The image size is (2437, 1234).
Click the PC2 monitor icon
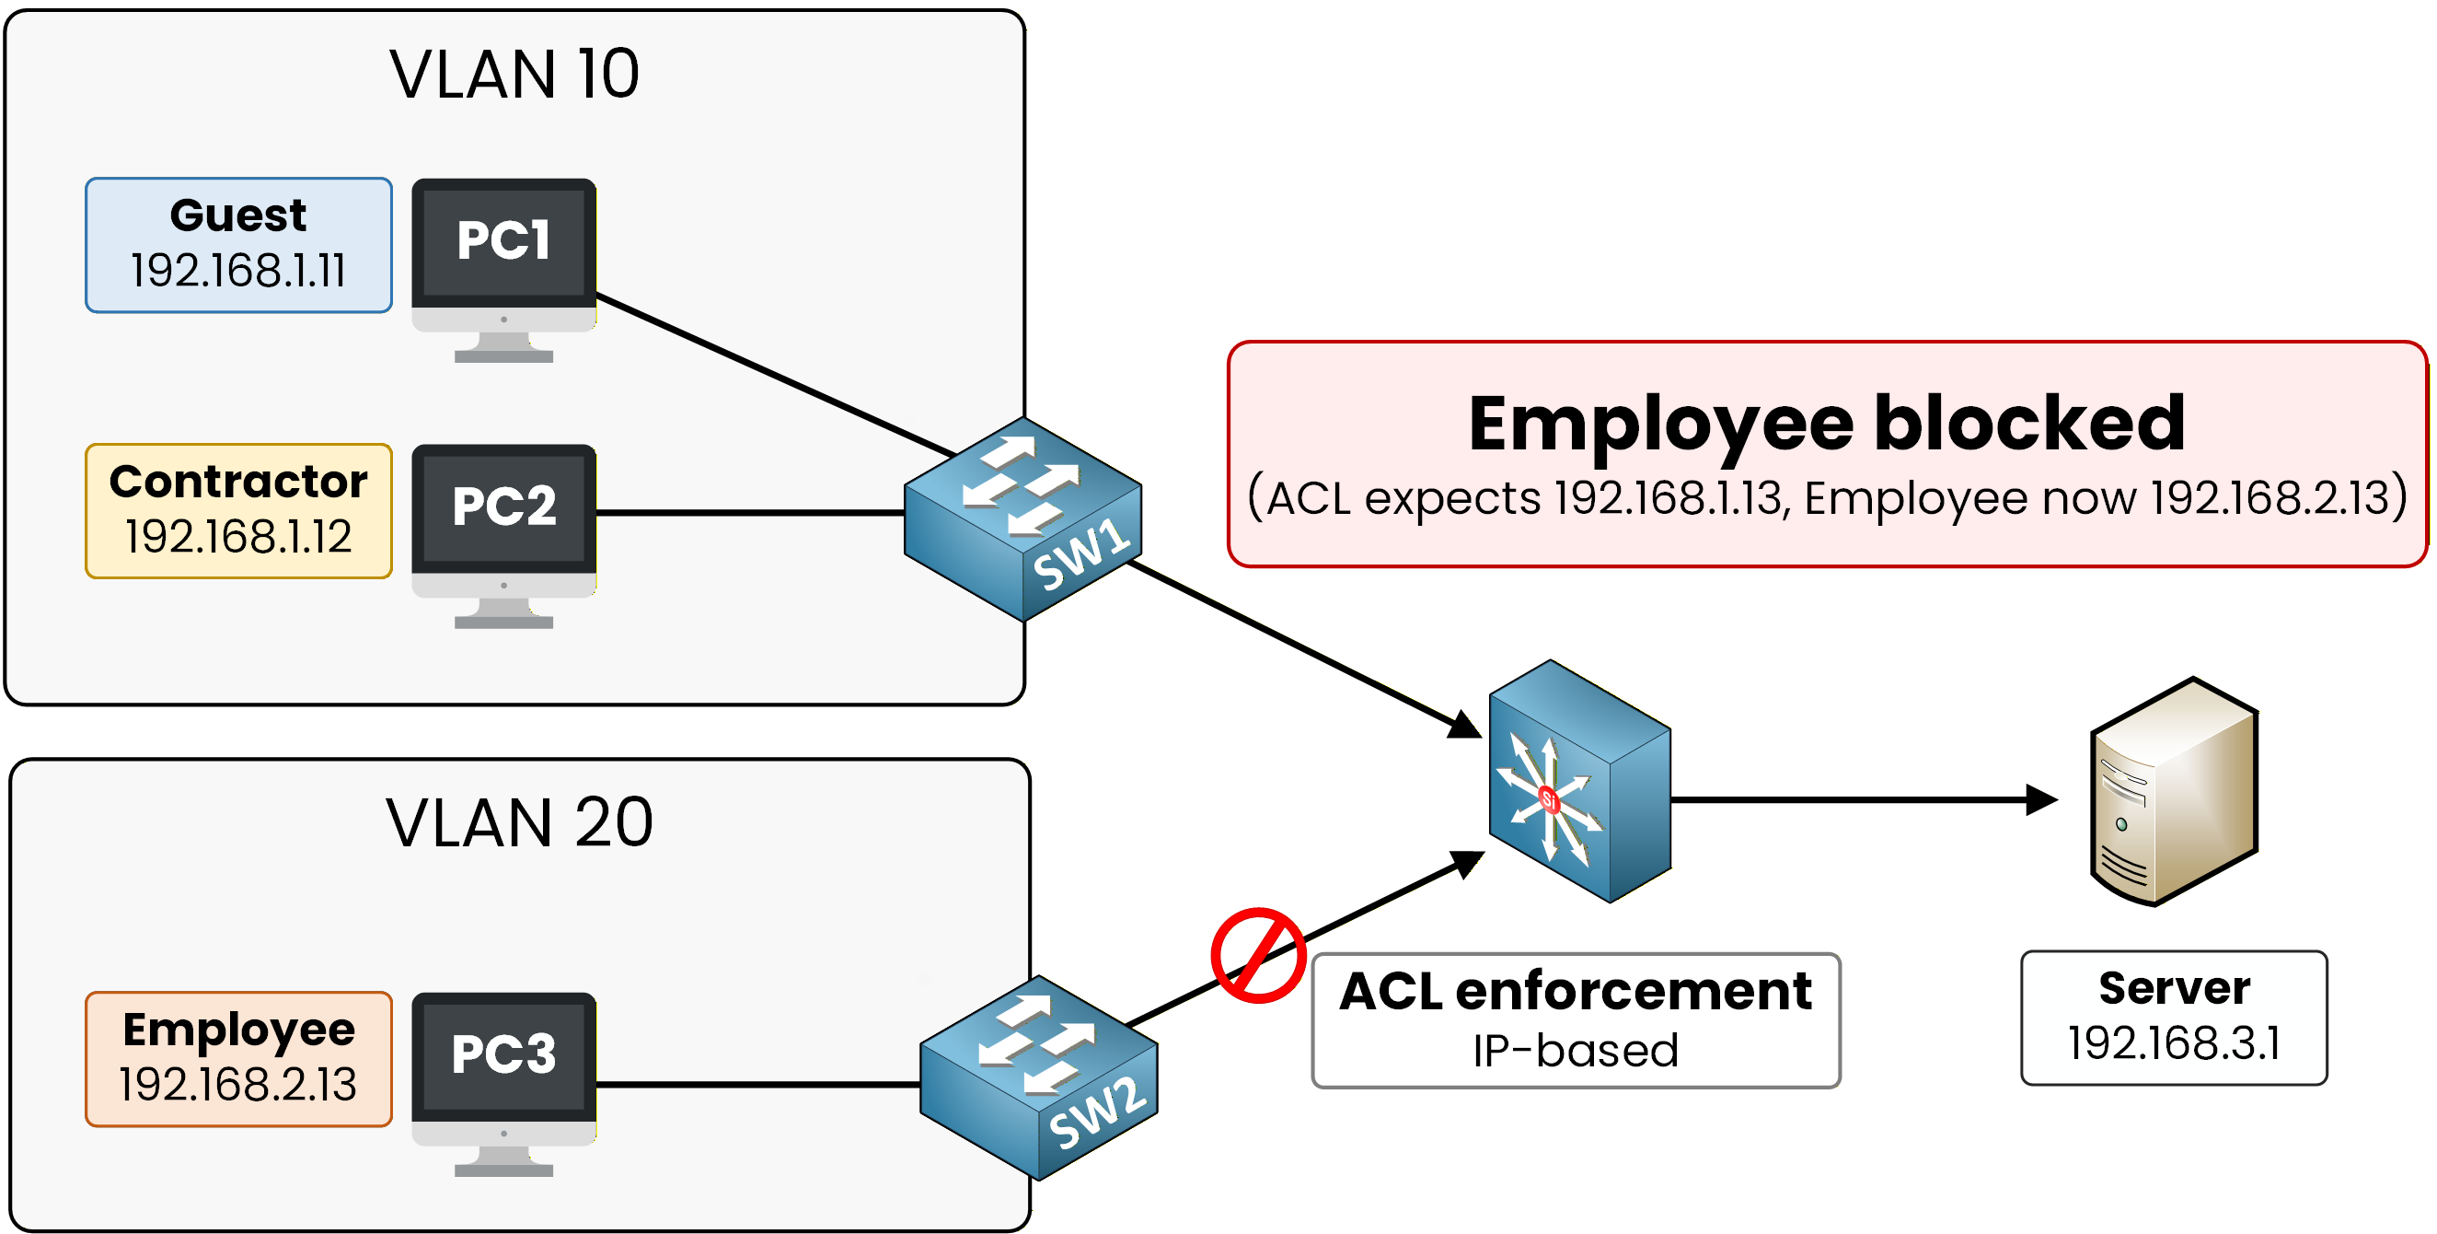click(x=503, y=534)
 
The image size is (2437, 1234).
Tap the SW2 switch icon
click(x=1038, y=1077)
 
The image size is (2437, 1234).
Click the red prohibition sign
click(x=1258, y=956)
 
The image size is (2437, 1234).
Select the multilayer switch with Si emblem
click(x=1578, y=782)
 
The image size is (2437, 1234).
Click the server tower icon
click(x=2173, y=791)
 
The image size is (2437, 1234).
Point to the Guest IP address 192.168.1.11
click(x=238, y=272)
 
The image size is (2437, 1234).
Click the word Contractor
click(x=238, y=482)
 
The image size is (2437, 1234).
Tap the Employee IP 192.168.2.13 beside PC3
click(x=238, y=1085)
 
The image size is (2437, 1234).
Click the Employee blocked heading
click(x=1826, y=423)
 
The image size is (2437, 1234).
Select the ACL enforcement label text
click(x=1576, y=991)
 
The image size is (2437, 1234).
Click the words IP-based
click(x=1576, y=1051)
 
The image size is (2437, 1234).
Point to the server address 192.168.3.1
click(x=2173, y=1042)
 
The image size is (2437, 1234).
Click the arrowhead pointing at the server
click(x=2041, y=799)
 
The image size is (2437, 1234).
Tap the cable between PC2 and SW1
click(x=747, y=513)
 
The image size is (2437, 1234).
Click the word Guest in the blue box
click(x=238, y=215)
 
